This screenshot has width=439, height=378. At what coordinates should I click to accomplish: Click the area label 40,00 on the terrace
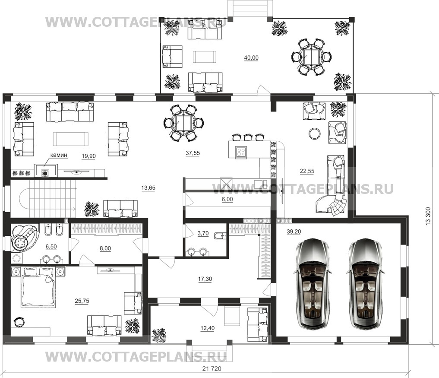coord(251,58)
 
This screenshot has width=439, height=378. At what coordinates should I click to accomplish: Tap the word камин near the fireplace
coord(59,155)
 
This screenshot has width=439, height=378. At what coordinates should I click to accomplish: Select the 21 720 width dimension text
coord(212,369)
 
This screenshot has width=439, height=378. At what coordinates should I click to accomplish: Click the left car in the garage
coord(311,283)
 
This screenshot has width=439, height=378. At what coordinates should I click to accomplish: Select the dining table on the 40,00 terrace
coord(311,56)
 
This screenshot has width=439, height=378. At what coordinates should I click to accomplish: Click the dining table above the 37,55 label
coord(183,123)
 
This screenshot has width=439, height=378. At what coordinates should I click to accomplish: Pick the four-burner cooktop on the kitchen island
coord(241,152)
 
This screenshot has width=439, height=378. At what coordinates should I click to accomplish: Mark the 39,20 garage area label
coord(294,232)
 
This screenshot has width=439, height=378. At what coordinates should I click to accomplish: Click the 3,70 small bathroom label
coord(203,233)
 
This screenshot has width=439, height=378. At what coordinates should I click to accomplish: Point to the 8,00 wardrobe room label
coord(105,248)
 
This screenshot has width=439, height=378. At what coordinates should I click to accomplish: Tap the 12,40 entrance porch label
coord(208,328)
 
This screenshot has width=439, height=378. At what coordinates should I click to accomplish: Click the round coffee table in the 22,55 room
coord(315,133)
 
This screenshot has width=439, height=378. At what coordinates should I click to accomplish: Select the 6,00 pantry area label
coord(227,199)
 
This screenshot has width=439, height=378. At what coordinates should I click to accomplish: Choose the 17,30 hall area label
coord(205,279)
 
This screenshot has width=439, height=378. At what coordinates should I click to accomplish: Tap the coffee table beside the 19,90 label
coord(70,139)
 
